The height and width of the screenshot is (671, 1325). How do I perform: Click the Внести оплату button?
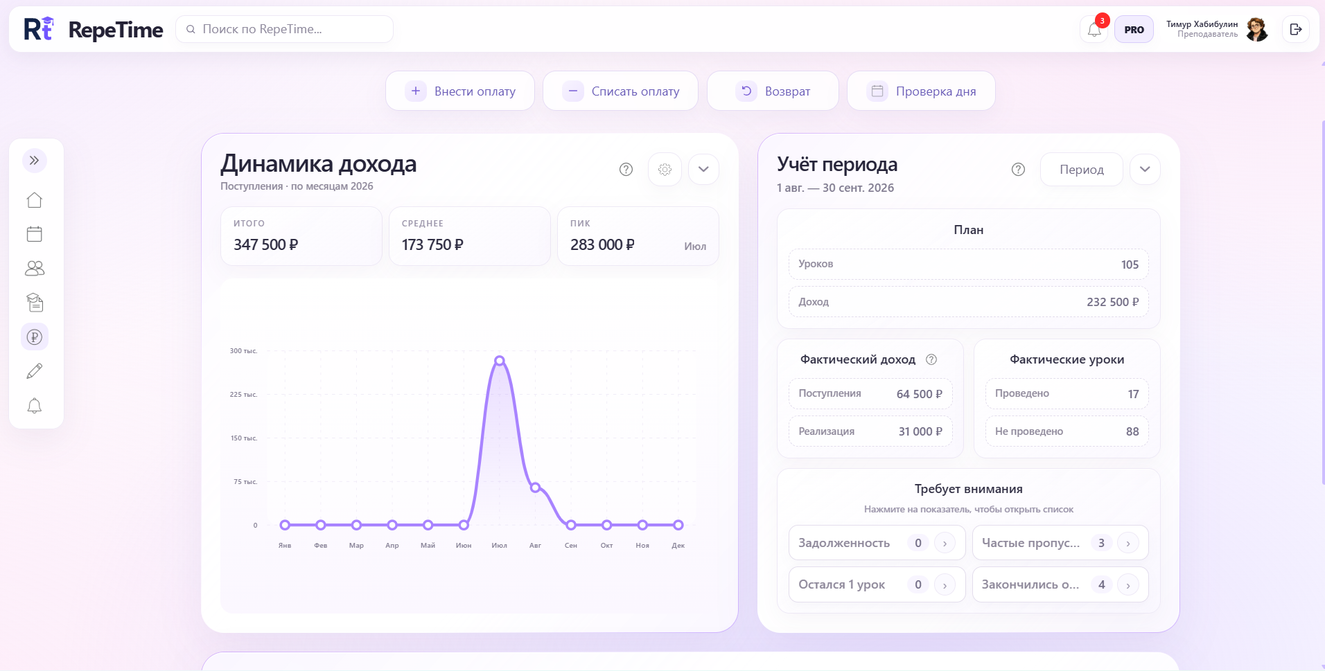(460, 91)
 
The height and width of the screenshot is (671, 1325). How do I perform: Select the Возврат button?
(773, 91)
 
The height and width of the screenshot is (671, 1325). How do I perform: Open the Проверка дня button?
(921, 91)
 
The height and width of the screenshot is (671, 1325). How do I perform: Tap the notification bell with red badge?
(1094, 29)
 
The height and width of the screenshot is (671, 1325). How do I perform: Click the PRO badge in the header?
(1134, 29)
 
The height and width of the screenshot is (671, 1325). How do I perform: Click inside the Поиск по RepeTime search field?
(285, 29)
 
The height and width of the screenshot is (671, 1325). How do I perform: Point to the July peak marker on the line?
(500, 361)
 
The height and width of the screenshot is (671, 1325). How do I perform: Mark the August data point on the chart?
(535, 487)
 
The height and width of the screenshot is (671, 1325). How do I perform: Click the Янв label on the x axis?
(285, 546)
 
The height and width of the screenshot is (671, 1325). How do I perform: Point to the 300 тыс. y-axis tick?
(243, 351)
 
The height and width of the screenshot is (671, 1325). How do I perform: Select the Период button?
(1081, 169)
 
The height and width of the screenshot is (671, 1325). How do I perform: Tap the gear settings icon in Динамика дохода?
(665, 169)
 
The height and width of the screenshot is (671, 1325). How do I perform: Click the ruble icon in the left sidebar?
(35, 337)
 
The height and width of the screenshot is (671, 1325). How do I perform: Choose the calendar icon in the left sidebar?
(35, 234)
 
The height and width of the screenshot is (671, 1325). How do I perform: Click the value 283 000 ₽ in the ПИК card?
(602, 244)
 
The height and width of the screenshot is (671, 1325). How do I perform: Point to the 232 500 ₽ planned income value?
(1112, 302)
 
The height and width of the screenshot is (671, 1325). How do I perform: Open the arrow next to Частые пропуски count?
(1128, 543)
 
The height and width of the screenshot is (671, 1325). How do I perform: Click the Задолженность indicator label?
(844, 543)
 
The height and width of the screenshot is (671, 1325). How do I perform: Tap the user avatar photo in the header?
(1257, 29)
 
